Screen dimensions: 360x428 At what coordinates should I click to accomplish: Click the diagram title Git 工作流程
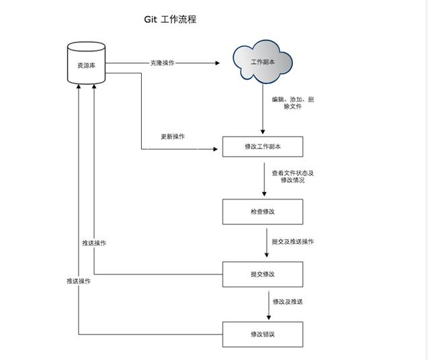click(x=170, y=19)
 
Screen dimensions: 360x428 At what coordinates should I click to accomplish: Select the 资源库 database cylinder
click(x=87, y=64)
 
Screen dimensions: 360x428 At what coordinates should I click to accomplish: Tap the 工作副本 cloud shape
click(x=262, y=62)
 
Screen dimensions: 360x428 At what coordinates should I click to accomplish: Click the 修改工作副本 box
click(x=263, y=146)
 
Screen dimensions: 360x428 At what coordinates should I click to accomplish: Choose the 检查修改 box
click(x=263, y=212)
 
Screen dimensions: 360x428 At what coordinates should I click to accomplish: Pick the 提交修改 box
click(x=263, y=274)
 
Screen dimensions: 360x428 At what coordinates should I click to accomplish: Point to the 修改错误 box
click(x=263, y=334)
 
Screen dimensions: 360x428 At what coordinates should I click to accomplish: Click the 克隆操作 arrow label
click(x=162, y=63)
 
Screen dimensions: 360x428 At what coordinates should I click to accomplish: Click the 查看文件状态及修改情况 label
click(x=292, y=177)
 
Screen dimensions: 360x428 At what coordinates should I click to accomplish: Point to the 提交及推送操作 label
click(x=292, y=242)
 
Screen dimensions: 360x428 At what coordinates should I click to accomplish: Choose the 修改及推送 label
click(x=287, y=302)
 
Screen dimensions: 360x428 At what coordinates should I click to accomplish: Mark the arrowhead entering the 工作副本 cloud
click(x=217, y=63)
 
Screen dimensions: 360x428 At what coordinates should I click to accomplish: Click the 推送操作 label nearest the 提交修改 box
click(x=93, y=243)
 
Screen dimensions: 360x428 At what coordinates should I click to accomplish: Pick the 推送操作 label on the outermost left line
click(x=79, y=281)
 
